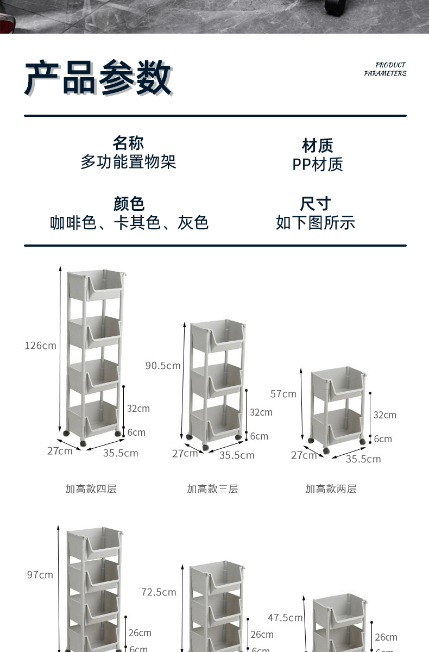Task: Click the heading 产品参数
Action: pos(98,78)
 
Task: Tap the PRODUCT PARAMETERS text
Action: pos(385,69)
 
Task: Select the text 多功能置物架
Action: pos(128,162)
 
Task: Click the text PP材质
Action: pos(318,164)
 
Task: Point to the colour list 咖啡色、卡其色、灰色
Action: pos(129,222)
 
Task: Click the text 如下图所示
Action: pos(316,222)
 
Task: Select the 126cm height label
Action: pos(40,345)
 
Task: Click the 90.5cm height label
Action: pos(163,365)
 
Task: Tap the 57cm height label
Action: pos(283,393)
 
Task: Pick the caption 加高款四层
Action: pos(91,488)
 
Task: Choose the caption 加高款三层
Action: pos(212,488)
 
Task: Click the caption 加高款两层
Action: pos(331,488)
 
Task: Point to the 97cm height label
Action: pos(40,574)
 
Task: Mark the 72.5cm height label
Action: pos(159,592)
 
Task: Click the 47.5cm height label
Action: pos(285,617)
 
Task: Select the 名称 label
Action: pos(128,143)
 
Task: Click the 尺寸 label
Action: pos(316,204)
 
